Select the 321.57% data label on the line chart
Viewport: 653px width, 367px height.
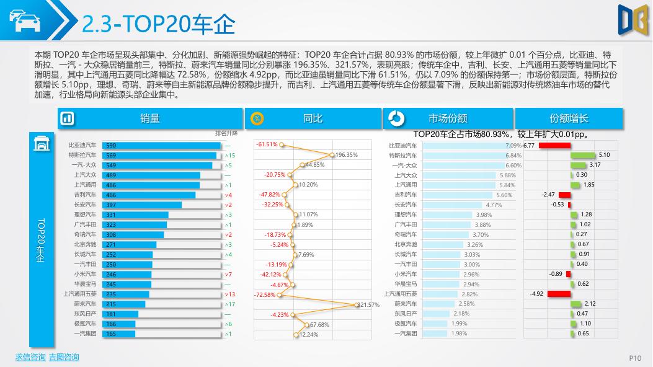[x=368, y=305]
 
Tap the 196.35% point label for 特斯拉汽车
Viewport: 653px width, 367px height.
[x=346, y=155]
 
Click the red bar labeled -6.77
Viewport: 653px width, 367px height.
[x=554, y=145]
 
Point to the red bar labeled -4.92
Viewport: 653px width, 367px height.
[x=558, y=294]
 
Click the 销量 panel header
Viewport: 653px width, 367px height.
[x=150, y=118]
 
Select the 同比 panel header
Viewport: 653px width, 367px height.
[x=313, y=118]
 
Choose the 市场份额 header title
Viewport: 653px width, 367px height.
[x=448, y=118]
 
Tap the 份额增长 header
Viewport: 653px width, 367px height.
[x=569, y=118]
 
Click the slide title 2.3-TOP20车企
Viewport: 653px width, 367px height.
[x=159, y=24]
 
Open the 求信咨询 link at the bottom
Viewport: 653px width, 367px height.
[x=30, y=357]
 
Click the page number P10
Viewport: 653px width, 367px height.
[x=634, y=358]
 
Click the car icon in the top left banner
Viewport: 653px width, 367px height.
[x=24, y=20]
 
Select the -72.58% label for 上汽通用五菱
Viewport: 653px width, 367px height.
[x=265, y=294]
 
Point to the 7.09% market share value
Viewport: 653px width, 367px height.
[x=514, y=145]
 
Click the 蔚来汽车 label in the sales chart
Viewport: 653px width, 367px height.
[x=84, y=304]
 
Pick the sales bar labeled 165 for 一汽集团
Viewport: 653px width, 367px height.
[x=118, y=334]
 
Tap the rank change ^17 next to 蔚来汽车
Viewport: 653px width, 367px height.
[x=230, y=304]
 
